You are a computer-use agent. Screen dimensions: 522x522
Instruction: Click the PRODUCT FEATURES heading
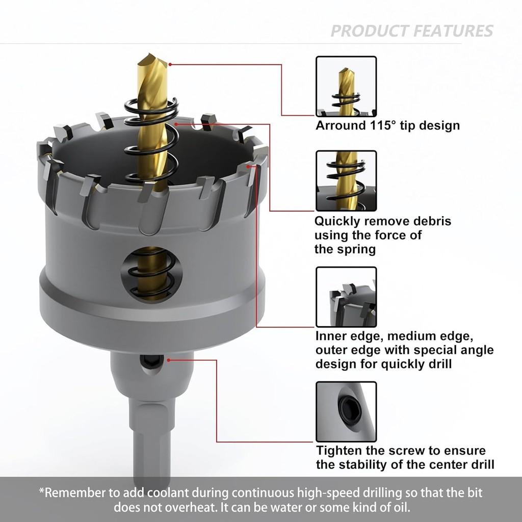click(x=412, y=31)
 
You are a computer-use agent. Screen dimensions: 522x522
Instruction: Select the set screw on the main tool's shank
click(x=148, y=361)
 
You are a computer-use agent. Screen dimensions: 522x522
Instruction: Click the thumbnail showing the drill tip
click(x=346, y=86)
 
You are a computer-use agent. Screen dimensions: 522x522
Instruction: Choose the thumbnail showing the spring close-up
click(x=346, y=181)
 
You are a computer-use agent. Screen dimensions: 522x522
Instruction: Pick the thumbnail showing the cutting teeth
click(x=346, y=297)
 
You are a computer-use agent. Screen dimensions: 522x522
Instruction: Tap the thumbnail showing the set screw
click(x=346, y=412)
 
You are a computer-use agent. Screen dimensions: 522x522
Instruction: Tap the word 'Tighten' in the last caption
click(x=340, y=451)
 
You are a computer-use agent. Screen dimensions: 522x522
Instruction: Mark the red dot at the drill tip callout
click(x=170, y=65)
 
